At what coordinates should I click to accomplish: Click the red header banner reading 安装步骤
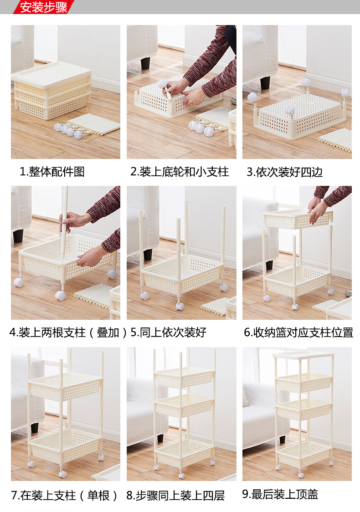[43, 7]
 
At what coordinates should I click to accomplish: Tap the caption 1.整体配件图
[52, 172]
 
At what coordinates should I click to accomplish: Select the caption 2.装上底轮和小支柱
[180, 172]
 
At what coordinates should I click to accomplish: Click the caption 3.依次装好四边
[285, 172]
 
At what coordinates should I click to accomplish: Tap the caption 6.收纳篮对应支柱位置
[298, 332]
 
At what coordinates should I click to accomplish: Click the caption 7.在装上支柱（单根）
[64, 495]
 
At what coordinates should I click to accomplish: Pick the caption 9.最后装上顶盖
[280, 494]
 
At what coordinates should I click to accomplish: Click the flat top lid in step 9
[303, 356]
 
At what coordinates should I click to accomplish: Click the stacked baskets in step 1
[51, 91]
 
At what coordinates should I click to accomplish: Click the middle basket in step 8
[184, 405]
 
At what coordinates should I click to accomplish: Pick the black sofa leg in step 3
[265, 82]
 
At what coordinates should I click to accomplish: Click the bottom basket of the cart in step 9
[304, 454]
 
